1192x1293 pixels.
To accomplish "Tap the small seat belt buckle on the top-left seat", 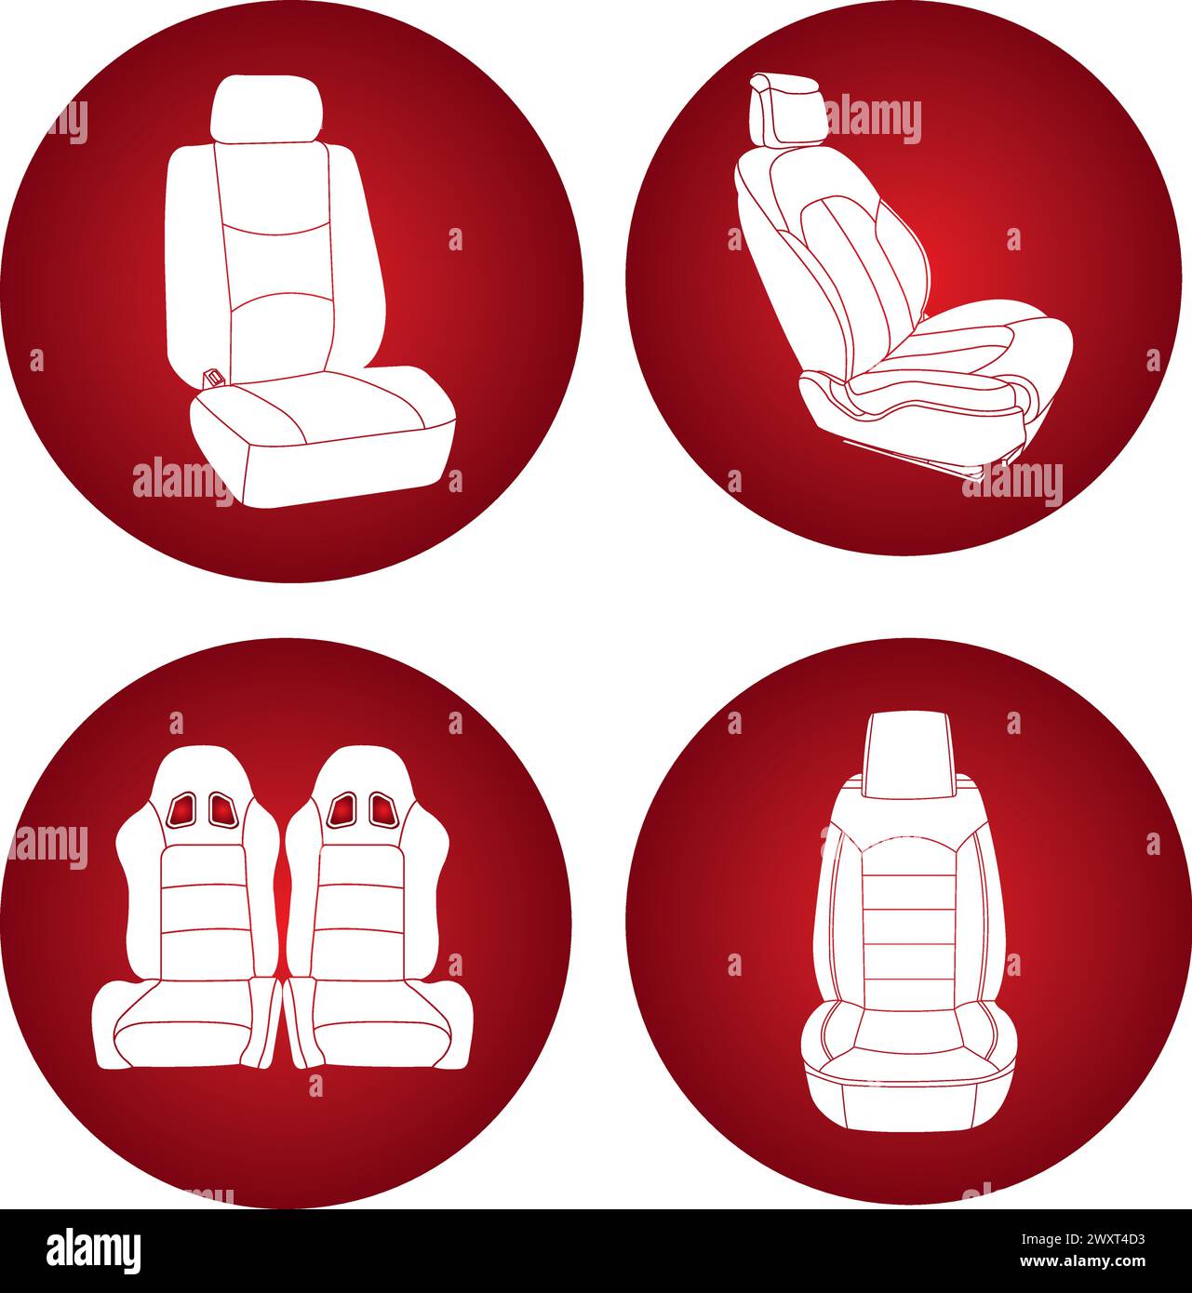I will click(x=213, y=378).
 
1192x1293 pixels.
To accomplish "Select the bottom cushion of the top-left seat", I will click(x=321, y=433).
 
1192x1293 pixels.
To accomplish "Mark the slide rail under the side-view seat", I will click(x=912, y=460).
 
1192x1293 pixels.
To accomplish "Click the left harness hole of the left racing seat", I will click(x=182, y=810).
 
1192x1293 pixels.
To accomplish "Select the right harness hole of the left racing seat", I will click(x=221, y=809).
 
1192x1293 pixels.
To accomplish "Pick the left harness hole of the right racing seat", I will click(x=342, y=810).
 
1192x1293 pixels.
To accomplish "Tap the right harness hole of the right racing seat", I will click(x=382, y=809).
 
